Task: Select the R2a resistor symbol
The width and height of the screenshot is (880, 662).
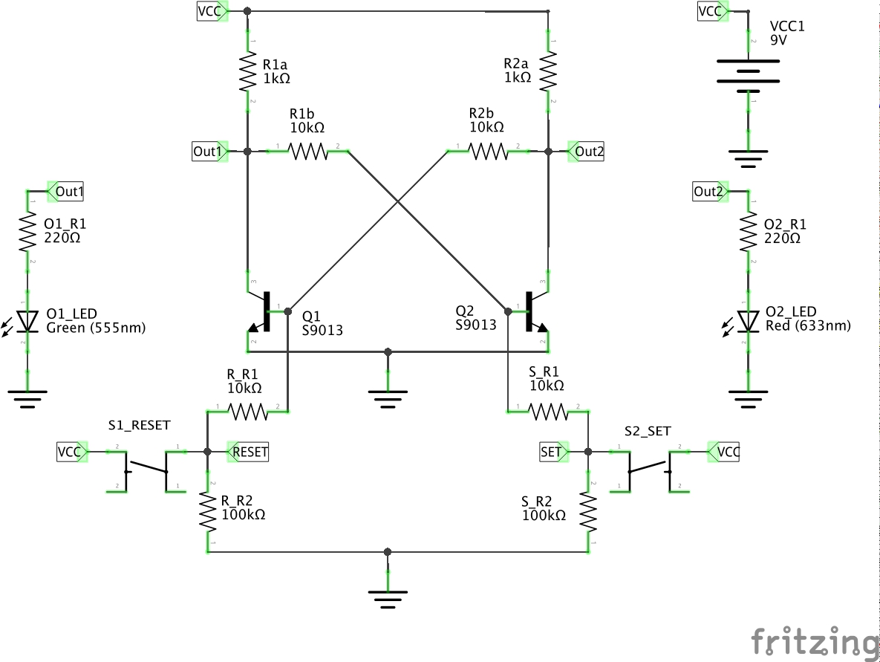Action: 548,71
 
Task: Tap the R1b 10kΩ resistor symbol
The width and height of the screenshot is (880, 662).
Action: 307,152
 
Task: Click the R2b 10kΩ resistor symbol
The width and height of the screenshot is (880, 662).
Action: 487,152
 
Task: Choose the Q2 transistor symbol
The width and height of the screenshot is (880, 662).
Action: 532,313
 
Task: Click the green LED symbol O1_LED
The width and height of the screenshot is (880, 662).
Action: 27,320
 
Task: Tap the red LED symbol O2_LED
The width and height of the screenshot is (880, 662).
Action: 749,320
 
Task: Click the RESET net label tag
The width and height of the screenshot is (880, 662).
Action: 249,451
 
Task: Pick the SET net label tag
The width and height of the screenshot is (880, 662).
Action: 553,451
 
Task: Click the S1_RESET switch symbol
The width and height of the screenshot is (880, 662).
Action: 146,470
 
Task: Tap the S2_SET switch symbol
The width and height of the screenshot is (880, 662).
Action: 648,470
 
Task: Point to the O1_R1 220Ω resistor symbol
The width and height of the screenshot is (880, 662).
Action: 27,233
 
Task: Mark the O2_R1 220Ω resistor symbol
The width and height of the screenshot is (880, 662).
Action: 749,233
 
